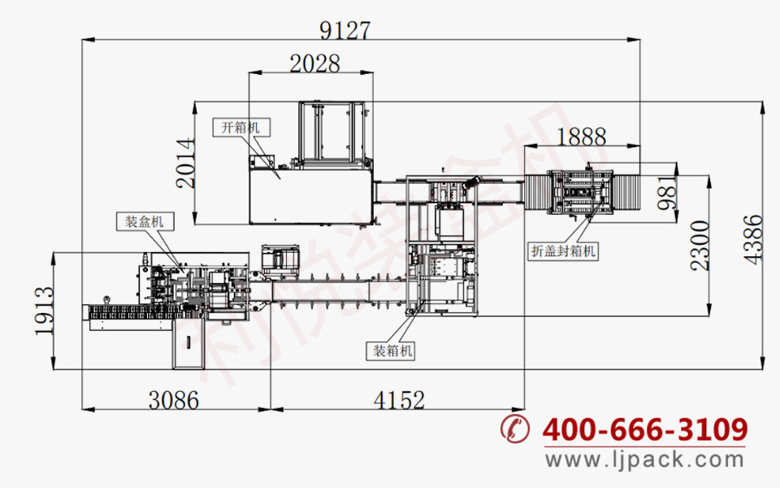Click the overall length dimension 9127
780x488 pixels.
click(x=345, y=30)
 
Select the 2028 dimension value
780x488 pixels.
click(x=315, y=63)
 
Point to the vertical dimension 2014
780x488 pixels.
click(x=185, y=163)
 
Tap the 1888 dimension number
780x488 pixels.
click(x=582, y=137)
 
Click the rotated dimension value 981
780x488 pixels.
click(x=667, y=192)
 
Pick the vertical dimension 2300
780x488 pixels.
click(x=700, y=246)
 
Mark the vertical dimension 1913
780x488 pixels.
click(x=44, y=311)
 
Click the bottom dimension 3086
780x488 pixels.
click(x=174, y=400)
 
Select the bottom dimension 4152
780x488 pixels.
click(x=399, y=400)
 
